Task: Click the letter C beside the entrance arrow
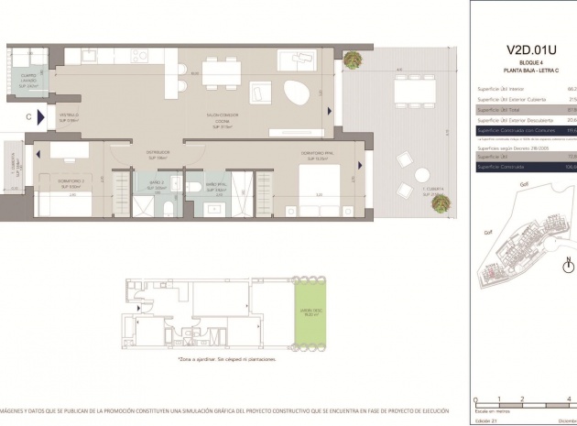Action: click(29, 116)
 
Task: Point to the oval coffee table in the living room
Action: click(297, 93)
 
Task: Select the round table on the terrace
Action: click(421, 175)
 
